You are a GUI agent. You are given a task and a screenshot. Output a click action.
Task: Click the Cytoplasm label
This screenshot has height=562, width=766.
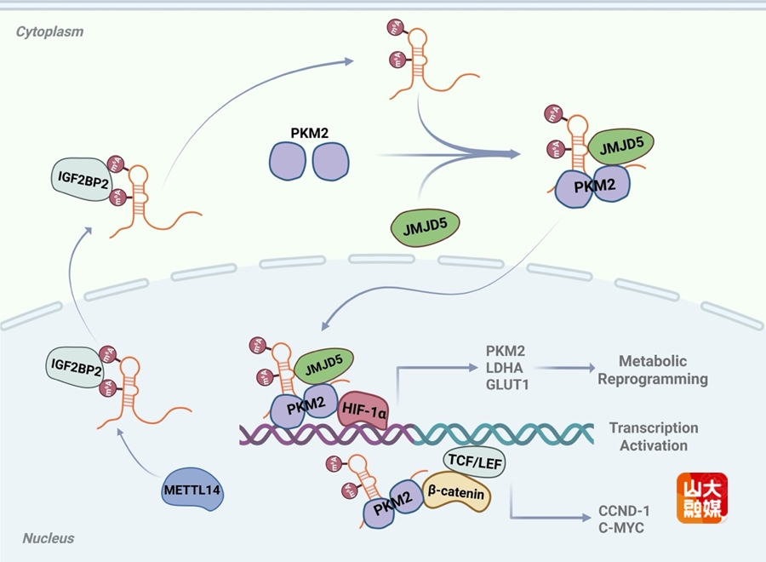pyautogui.click(x=49, y=32)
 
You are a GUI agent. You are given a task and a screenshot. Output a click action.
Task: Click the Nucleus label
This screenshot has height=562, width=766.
pyautogui.click(x=49, y=538)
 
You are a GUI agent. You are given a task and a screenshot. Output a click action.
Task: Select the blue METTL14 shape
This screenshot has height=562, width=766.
pyautogui.click(x=191, y=490)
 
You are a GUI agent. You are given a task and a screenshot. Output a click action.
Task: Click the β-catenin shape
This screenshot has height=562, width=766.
pyautogui.click(x=456, y=494)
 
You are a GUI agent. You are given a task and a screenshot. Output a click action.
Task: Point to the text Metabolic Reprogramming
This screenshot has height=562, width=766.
pyautogui.click(x=653, y=370)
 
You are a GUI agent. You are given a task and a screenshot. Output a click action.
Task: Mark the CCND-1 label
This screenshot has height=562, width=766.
pyautogui.click(x=624, y=511)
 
